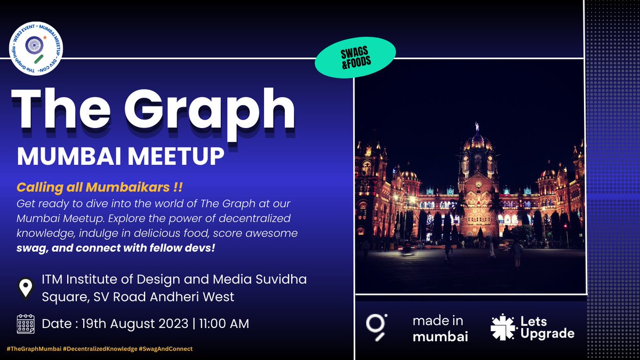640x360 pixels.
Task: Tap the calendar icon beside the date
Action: [x=26, y=323]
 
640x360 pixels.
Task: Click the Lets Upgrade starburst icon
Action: [x=502, y=327]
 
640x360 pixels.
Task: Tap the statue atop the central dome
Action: [x=476, y=126]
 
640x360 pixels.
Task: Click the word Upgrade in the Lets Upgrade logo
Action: [x=547, y=334]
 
